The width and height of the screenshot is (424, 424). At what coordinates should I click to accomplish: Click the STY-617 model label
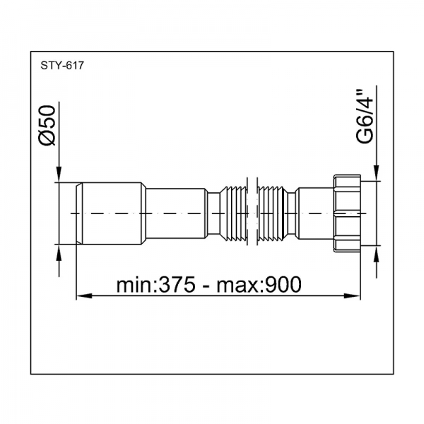(x=62, y=66)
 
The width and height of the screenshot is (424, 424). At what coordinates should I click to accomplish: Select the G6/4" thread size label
(x=365, y=117)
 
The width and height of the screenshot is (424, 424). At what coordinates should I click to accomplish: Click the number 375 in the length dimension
(x=177, y=285)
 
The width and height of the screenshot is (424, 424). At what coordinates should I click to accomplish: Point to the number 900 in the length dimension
(x=283, y=285)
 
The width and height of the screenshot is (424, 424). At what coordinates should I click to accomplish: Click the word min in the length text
(x=134, y=285)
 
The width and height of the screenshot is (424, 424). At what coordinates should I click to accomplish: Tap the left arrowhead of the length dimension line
(x=84, y=296)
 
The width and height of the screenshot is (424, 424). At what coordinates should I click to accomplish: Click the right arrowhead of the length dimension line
(x=352, y=296)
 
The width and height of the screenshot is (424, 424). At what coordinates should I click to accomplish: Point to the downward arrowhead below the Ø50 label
(x=59, y=175)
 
